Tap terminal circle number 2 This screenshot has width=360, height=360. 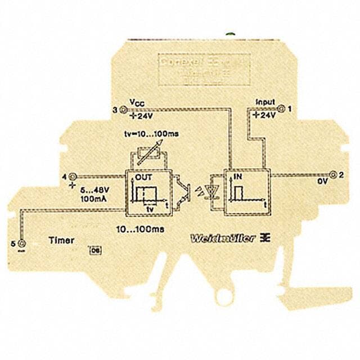tap(332, 175)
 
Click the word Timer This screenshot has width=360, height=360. tap(61, 240)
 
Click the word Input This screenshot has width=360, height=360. tap(265, 102)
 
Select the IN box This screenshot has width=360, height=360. tap(246, 193)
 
